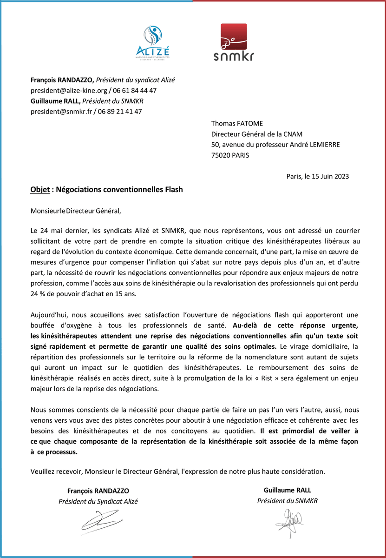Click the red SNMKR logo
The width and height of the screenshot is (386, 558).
(x=234, y=43)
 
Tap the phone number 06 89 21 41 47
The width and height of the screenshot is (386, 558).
(x=120, y=112)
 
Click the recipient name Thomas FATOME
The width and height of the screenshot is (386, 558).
(x=237, y=124)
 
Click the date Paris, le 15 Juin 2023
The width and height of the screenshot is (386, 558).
(x=317, y=176)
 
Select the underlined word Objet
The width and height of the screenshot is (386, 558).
(x=40, y=190)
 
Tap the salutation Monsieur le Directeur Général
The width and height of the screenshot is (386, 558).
(x=75, y=211)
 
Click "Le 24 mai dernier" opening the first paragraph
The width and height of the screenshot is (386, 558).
(x=56, y=231)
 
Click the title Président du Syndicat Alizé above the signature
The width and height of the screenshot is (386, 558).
(x=98, y=501)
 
